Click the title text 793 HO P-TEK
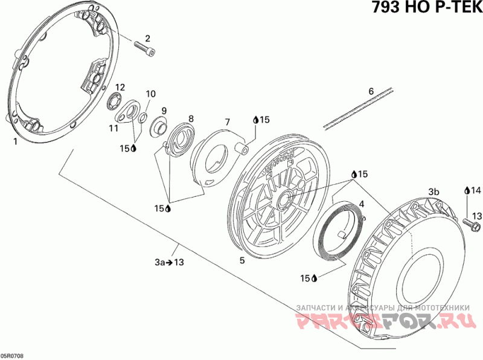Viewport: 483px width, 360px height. [426, 7]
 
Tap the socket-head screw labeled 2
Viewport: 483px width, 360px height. [145, 49]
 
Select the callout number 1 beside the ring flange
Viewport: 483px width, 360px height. [15, 142]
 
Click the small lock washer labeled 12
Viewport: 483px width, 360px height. [115, 101]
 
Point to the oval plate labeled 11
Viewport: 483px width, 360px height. [128, 111]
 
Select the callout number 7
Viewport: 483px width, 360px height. [228, 122]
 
